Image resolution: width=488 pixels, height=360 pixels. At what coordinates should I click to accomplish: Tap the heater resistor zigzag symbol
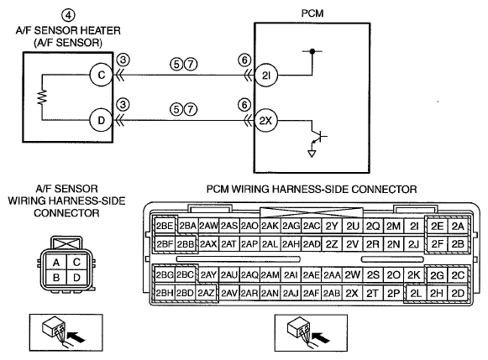(x=42, y=97)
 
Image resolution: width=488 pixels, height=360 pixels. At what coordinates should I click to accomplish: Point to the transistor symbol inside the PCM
(x=318, y=137)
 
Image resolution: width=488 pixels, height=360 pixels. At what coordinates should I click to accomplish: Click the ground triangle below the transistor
(x=312, y=154)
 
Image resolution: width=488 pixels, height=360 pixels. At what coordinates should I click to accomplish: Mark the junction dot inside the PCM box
(x=312, y=51)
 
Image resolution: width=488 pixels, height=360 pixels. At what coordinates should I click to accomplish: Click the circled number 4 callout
(x=68, y=15)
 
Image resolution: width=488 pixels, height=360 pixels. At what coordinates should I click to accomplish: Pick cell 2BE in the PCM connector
(x=165, y=226)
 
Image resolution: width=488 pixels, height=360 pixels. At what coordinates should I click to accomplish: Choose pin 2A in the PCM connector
(x=458, y=227)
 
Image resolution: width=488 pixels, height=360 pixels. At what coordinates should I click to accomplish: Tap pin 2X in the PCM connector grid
(x=352, y=293)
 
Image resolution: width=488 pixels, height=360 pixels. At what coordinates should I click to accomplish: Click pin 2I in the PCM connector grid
(x=414, y=227)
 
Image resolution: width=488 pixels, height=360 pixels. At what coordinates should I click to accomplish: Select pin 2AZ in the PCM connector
(x=206, y=293)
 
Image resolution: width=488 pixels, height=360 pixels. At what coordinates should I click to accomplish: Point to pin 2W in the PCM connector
(x=352, y=274)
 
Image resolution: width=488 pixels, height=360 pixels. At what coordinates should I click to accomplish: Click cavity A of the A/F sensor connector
(x=56, y=263)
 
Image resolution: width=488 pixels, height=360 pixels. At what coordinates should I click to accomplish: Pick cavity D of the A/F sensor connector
(x=76, y=278)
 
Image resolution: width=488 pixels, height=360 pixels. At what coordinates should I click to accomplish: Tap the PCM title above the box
(x=312, y=13)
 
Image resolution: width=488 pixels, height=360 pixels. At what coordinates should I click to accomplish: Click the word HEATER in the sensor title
(x=101, y=30)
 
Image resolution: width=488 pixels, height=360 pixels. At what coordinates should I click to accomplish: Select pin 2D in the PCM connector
(x=458, y=293)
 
